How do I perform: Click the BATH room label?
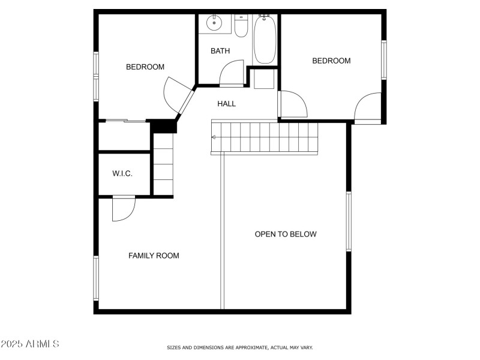220,51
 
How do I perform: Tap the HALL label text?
226,104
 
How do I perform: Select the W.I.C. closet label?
122,174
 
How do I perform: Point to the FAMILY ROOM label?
154,256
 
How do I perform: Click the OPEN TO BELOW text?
286,234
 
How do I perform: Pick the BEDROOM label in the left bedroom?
145,67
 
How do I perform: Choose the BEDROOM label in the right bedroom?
331,61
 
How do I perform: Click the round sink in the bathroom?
213,24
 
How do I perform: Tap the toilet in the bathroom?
241,27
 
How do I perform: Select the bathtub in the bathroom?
265,40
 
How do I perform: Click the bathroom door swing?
231,73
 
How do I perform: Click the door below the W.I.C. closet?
124,209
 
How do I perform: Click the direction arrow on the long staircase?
214,137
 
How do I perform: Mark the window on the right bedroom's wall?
383,59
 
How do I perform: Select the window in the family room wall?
95,278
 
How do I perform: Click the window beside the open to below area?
349,221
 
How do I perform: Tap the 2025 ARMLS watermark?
30,344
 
